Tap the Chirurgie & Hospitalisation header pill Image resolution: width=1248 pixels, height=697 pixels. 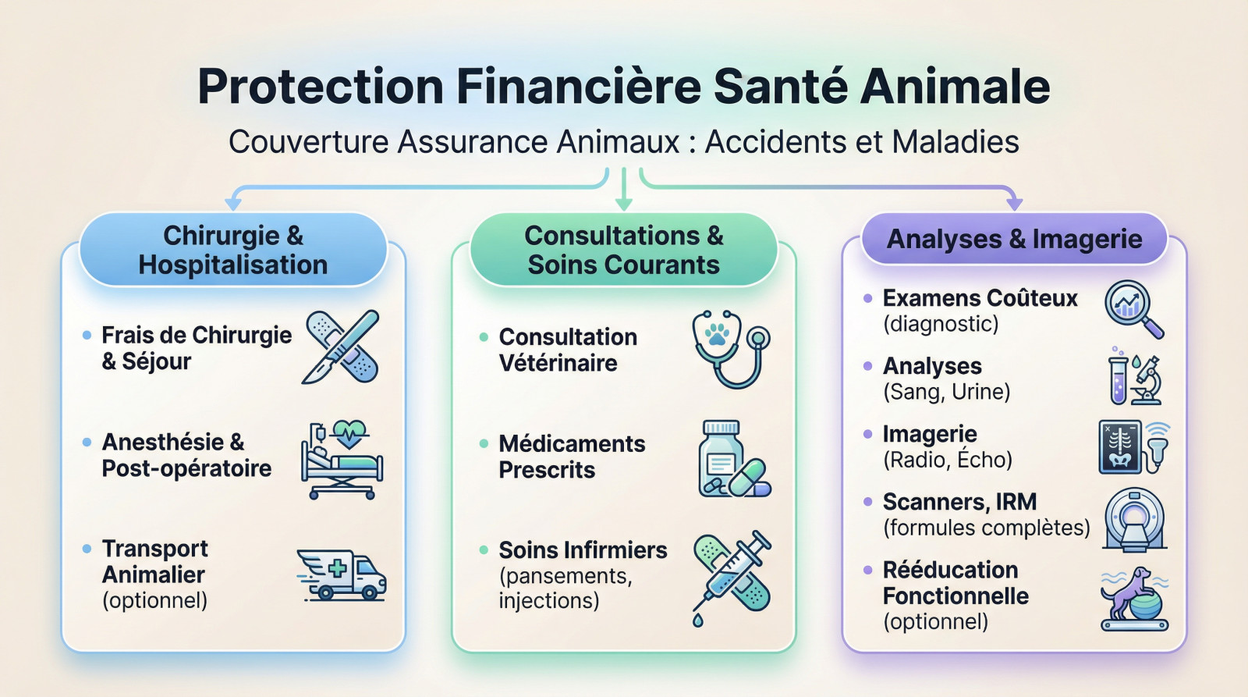(233, 250)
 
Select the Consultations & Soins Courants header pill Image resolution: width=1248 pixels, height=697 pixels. (623, 250)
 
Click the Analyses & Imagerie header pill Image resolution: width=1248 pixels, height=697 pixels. (1014, 239)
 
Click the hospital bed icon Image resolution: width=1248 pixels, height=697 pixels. (342, 461)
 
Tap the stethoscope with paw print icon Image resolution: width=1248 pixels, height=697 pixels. (730, 348)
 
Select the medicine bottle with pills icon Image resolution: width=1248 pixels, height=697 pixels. (732, 460)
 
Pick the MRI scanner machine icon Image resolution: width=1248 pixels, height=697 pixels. (1135, 519)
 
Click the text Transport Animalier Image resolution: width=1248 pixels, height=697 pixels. (154, 562)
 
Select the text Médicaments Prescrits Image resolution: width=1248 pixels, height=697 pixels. (572, 457)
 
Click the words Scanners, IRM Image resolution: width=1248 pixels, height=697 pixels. (959, 501)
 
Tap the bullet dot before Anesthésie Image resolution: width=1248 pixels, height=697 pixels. (87, 443)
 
